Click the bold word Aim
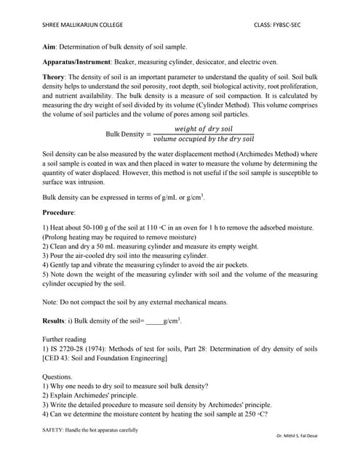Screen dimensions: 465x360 coord(49,46)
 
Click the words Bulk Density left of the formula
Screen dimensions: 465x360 coord(124,134)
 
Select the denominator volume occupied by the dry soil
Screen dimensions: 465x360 coord(203,139)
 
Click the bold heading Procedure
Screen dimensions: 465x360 coord(59,211)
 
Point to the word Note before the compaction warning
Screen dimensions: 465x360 coord(50,302)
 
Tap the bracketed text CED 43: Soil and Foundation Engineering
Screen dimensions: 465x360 coord(108,358)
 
